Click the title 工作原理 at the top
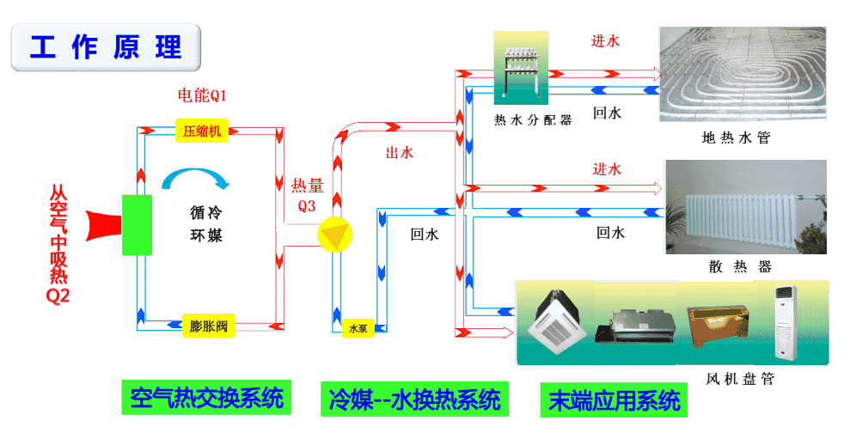click(105, 47)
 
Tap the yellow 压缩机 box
click(203, 131)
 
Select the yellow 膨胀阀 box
click(208, 326)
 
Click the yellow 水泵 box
click(356, 328)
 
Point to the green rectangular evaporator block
click(137, 224)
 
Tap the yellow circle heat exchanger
click(334, 235)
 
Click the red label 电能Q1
click(202, 95)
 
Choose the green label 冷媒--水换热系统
click(414, 399)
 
